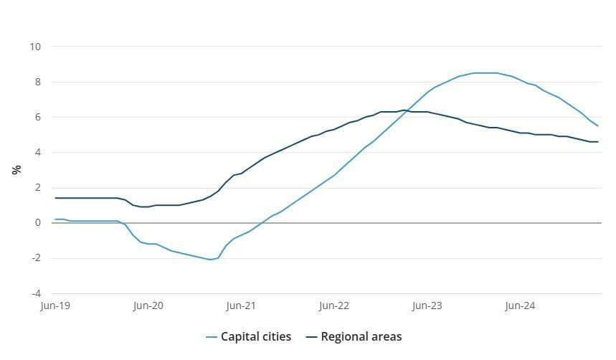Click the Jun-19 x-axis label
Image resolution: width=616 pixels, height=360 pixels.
point(55,306)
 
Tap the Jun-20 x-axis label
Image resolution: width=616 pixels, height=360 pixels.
point(148,306)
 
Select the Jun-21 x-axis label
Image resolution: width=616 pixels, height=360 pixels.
point(241,306)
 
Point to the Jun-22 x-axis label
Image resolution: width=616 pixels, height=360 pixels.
point(334,306)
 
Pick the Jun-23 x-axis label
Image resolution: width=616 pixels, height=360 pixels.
point(427,306)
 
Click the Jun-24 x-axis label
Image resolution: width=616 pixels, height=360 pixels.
point(520,306)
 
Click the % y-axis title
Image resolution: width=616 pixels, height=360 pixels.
point(16,170)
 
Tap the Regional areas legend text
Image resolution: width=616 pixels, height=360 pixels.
point(361,336)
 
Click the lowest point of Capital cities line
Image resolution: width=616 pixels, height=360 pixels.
point(210,260)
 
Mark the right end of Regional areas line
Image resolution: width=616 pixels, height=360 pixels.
point(598,142)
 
